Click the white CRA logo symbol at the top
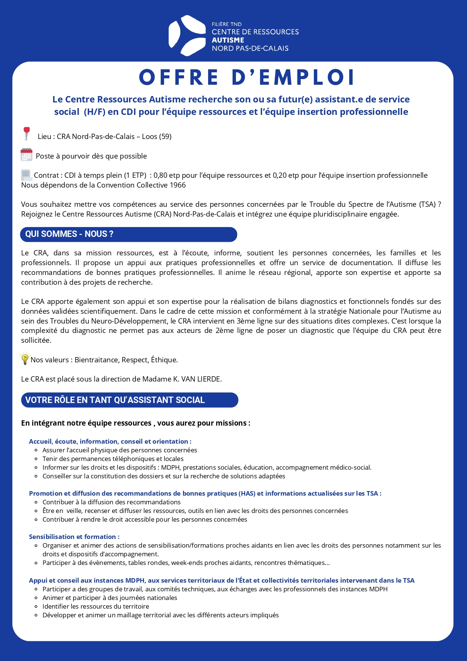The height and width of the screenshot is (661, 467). pyautogui.click(x=187, y=36)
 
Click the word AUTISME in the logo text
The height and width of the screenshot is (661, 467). pyautogui.click(x=228, y=40)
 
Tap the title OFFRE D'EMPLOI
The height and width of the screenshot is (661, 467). pyautogui.click(x=247, y=77)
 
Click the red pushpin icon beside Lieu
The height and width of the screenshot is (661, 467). pyautogui.click(x=26, y=133)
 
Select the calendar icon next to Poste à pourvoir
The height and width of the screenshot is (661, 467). pyautogui.click(x=26, y=155)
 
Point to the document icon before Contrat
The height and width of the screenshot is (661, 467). pyautogui.click(x=26, y=175)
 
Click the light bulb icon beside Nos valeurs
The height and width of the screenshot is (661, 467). pyautogui.click(x=25, y=359)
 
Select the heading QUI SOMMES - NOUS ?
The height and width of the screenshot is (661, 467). pyautogui.click(x=69, y=234)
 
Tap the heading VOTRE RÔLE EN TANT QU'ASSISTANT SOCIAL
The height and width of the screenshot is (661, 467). pyautogui.click(x=115, y=400)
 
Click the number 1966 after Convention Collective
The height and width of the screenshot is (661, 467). pyautogui.click(x=178, y=185)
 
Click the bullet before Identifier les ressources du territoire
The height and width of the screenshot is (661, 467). pyautogui.click(x=36, y=607)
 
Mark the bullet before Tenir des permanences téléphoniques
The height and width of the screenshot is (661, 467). pyautogui.click(x=36, y=459)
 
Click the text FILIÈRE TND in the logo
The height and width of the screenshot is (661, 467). pyautogui.click(x=227, y=24)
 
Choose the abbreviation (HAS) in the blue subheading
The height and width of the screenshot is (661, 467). pyautogui.click(x=247, y=493)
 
